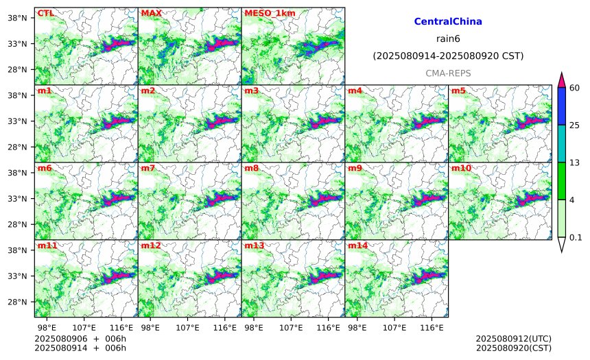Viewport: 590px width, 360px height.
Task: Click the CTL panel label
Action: coord(45,13)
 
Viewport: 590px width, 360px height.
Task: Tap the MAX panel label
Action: coord(151,13)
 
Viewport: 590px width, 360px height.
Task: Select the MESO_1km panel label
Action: coord(270,13)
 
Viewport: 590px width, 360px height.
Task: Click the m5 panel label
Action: coord(458,91)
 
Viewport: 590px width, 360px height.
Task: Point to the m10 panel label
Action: coord(461,168)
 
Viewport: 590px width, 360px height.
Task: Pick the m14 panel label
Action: coord(357,245)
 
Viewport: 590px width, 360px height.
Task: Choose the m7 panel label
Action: coord(148,168)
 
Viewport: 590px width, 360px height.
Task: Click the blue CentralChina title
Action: coord(448,21)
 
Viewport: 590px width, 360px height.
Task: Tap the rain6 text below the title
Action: coord(448,39)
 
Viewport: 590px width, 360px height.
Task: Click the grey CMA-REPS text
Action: coord(448,73)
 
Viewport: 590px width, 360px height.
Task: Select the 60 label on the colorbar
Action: coord(575,88)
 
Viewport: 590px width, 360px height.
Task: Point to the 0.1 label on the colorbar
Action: coord(576,237)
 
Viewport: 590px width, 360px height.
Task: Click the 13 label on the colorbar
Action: coord(575,163)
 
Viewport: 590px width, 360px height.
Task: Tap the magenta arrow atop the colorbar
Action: coord(561,80)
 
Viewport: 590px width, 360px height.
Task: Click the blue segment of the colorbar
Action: coord(561,106)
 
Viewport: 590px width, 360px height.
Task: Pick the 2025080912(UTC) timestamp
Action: coord(514,339)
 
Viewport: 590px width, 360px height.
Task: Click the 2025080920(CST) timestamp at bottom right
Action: coord(514,348)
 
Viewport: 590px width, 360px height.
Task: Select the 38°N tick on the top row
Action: coord(17,18)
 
